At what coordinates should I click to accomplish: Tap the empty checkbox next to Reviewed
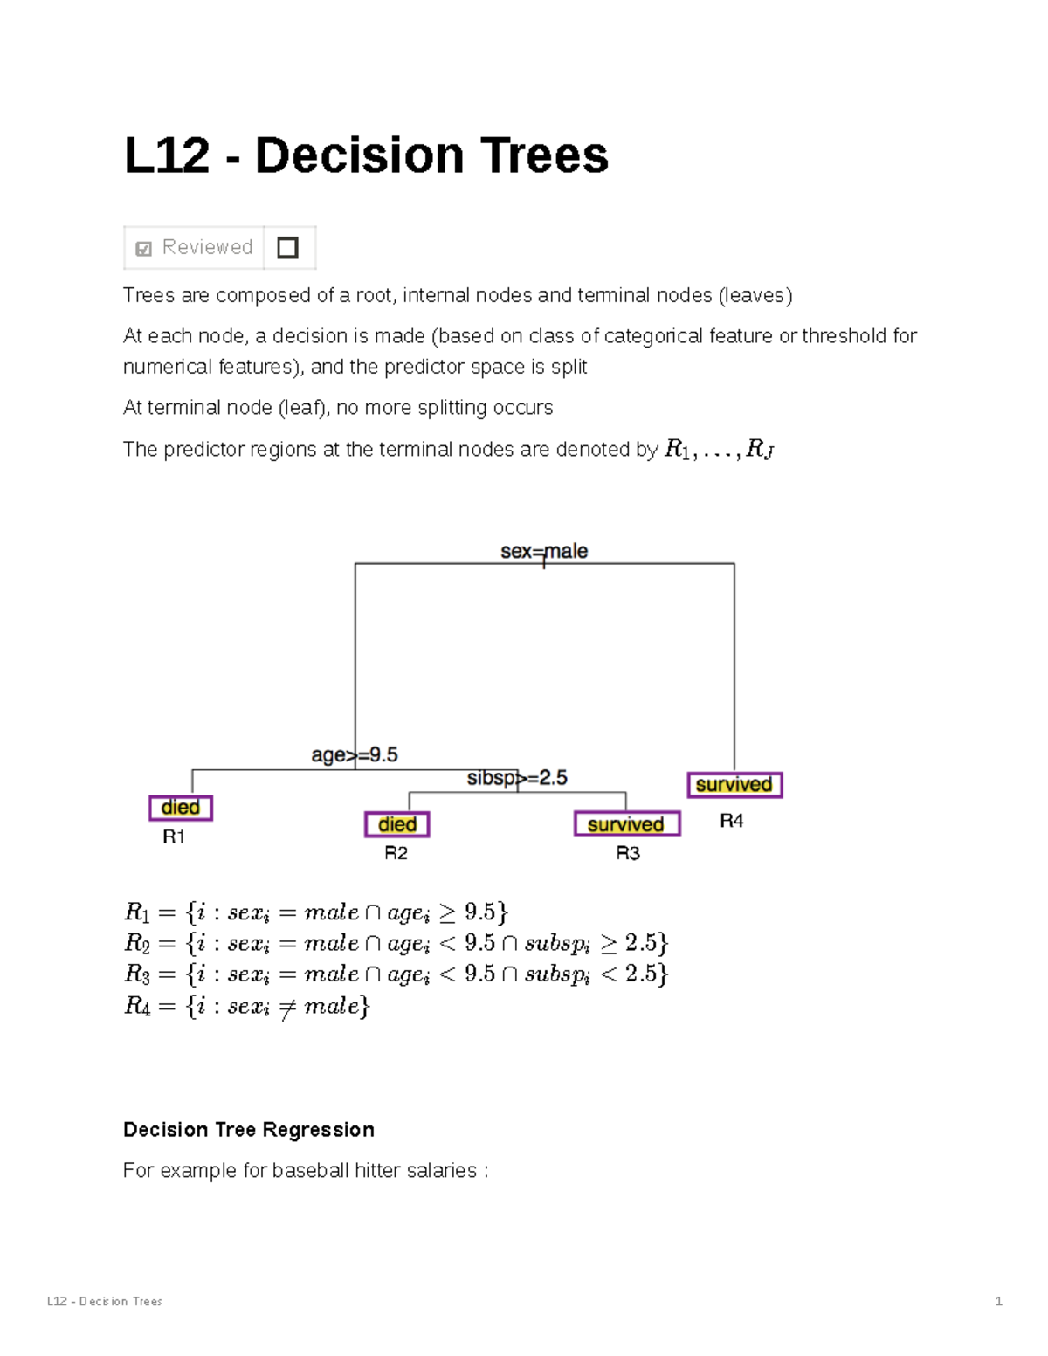[287, 248]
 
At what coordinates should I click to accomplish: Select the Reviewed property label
[207, 248]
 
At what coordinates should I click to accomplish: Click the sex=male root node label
[543, 551]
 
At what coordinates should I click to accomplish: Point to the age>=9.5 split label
[355, 754]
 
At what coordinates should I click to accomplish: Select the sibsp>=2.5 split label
[517, 777]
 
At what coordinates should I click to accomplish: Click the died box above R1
[181, 808]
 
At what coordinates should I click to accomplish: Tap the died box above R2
[397, 824]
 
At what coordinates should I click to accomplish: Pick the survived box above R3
[626, 824]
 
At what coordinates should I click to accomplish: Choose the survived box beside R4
[734, 785]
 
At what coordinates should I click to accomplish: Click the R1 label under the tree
[174, 837]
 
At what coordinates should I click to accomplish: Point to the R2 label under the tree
[396, 853]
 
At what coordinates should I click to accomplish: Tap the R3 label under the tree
[628, 853]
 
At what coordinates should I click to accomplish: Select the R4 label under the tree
[732, 821]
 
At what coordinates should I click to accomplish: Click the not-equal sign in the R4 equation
[286, 1008]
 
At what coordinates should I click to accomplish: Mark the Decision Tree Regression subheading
[249, 1130]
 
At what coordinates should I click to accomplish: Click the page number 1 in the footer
[998, 1301]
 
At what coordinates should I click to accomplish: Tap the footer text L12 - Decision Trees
[105, 1301]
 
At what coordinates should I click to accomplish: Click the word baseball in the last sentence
[311, 1170]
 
